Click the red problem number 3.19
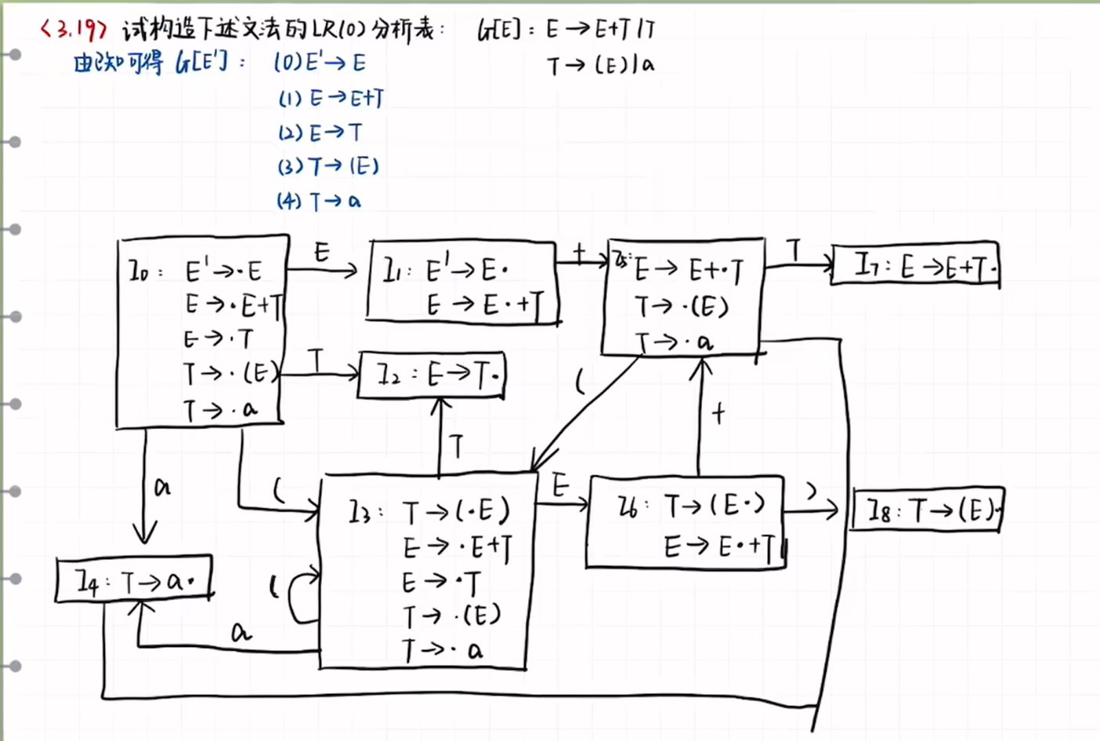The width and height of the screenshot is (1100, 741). pos(73,30)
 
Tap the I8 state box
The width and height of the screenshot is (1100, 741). pos(928,510)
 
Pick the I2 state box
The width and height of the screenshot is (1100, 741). pos(432,375)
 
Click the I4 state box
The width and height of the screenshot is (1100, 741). pos(134,580)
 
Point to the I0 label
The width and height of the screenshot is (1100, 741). pos(139,272)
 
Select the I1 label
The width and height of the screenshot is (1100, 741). pos(393,272)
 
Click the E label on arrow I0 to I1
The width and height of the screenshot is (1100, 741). pos(322,252)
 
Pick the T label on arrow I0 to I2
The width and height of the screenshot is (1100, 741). pos(316,361)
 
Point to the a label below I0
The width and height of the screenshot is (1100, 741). pos(162,488)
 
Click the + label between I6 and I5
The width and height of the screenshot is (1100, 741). pos(718,413)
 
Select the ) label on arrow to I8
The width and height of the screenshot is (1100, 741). pos(812,492)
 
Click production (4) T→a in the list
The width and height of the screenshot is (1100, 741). pos(319,202)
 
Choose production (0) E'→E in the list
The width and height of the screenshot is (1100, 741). pos(320,63)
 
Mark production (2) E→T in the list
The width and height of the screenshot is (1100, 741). pos(320,133)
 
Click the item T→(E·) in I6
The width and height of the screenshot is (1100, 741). pos(715,507)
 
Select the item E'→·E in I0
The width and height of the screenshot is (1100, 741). pos(223,271)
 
